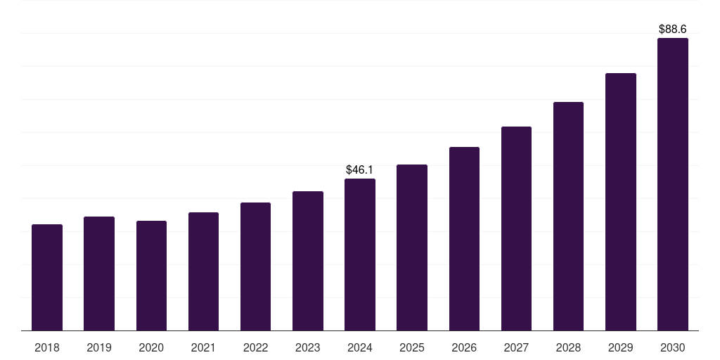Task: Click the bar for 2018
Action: pos(47,278)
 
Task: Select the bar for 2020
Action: pos(151,276)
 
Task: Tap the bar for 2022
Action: pos(255,266)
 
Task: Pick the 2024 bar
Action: pos(360,255)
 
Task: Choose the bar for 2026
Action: pos(464,239)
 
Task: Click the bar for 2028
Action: pos(568,217)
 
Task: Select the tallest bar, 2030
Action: pos(673,184)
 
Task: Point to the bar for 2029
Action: pos(621,202)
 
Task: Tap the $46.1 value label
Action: pos(360,170)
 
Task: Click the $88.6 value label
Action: pos(673,30)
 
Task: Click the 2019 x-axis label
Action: pos(99,348)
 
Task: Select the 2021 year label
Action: pos(203,348)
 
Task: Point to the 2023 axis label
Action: pos(308,348)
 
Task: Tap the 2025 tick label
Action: pos(412,348)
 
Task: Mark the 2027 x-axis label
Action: pos(516,348)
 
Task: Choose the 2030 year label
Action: pos(673,348)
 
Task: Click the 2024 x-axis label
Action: pos(360,348)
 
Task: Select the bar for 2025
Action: pos(412,247)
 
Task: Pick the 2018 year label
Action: pos(47,348)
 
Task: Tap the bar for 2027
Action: pos(516,229)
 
